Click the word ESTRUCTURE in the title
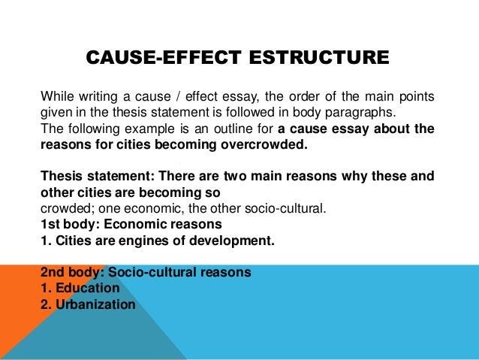[x=319, y=57]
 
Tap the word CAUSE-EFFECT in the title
[x=164, y=57]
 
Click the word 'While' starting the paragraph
[x=57, y=96]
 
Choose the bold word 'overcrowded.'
[x=264, y=144]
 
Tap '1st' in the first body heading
[x=50, y=224]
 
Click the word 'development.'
[x=232, y=241]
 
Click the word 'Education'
[x=88, y=288]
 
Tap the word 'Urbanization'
[x=95, y=304]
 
